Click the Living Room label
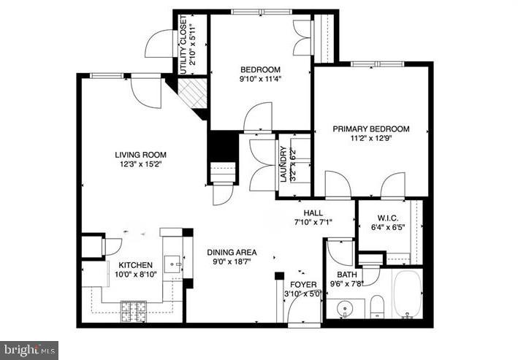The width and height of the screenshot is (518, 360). coord(140,154)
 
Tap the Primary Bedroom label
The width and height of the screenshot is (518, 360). coord(371,129)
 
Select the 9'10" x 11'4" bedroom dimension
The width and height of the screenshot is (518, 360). coord(261,80)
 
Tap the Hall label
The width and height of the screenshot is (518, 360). coord(313,212)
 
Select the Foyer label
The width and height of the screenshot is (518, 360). coord(303,284)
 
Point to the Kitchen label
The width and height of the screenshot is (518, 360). coord(136,265)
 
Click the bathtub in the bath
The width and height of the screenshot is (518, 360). coord(408,294)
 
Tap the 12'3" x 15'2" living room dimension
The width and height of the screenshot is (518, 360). coord(140,164)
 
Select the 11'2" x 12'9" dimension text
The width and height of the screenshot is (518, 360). coord(371,139)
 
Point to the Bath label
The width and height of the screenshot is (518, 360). coord(346,275)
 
